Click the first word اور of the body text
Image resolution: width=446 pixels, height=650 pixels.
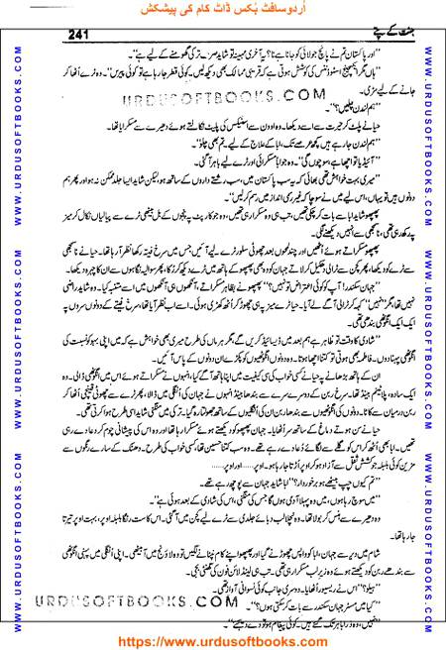click(x=396, y=46)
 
